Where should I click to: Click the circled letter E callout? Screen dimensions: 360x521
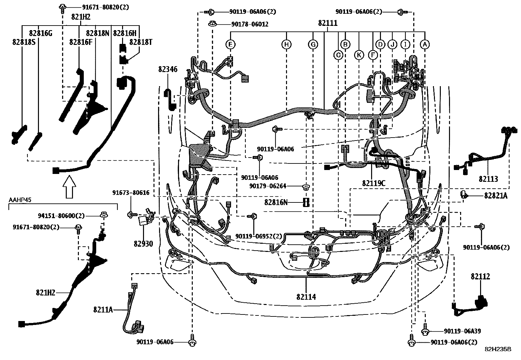click(231, 44)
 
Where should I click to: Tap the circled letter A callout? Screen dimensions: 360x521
click(425, 44)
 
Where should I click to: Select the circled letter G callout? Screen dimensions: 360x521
click(313, 44)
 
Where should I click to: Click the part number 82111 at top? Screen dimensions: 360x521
click(328, 23)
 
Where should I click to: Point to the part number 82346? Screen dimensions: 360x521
click(168, 69)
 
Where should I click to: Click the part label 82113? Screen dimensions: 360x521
click(488, 179)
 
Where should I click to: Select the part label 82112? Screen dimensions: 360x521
click(480, 276)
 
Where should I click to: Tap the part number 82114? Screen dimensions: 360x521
click(306, 297)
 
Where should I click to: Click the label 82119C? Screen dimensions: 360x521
click(374, 183)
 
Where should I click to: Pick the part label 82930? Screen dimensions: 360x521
click(143, 244)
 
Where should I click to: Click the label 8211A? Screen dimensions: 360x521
click(103, 309)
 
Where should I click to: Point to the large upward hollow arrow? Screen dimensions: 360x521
click(69, 186)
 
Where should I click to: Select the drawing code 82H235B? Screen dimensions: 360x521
click(498, 350)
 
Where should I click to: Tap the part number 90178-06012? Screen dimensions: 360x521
click(250, 24)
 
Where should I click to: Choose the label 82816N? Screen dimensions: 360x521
click(276, 202)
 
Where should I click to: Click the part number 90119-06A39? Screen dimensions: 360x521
click(462, 331)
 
